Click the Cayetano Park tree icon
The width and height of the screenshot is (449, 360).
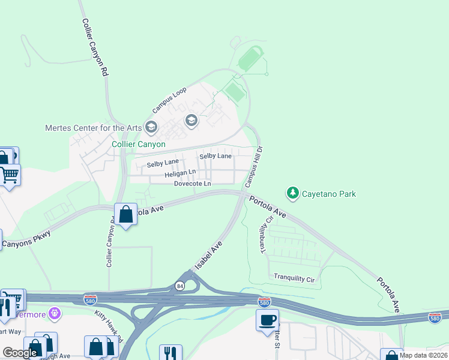pyautogui.click(x=292, y=193)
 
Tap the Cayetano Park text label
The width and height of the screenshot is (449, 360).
pyautogui.click(x=328, y=194)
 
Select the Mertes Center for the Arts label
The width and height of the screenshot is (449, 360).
pyautogui.click(x=93, y=127)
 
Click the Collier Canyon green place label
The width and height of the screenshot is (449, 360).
pyautogui.click(x=139, y=145)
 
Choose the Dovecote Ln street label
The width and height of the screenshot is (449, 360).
pyautogui.click(x=192, y=184)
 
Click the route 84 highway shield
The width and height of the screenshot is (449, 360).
pyautogui.click(x=179, y=285)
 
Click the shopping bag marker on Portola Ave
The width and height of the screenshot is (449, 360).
pyautogui.click(x=125, y=214)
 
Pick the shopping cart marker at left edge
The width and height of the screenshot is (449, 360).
pyautogui.click(x=10, y=175)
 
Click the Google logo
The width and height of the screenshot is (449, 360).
pyautogui.click(x=20, y=353)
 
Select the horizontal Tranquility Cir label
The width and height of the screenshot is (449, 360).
pyautogui.click(x=294, y=277)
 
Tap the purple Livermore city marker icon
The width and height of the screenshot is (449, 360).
pyautogui.click(x=55, y=313)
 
